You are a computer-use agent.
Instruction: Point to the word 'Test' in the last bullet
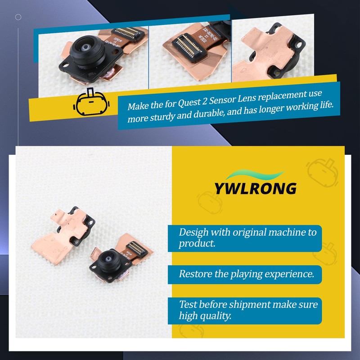(187, 305)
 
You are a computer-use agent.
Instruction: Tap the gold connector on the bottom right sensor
(135, 246)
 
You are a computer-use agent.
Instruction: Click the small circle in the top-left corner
(18, 17)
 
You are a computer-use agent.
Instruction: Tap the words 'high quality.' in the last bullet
(205, 316)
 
